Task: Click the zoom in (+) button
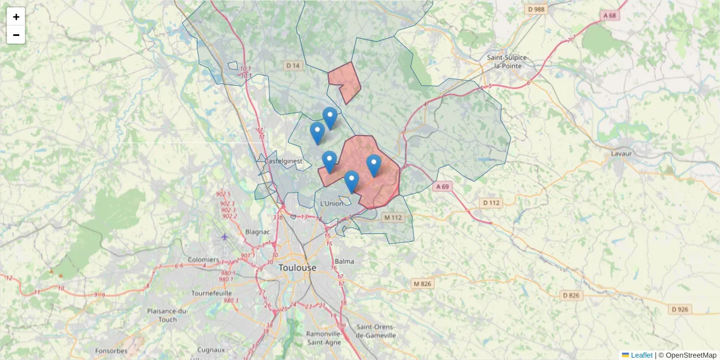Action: click(x=16, y=17)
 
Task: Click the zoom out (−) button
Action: click(x=16, y=35)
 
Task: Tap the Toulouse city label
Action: click(x=297, y=268)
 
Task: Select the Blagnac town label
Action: click(x=257, y=232)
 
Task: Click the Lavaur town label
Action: click(x=622, y=153)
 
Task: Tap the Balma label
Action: click(x=344, y=261)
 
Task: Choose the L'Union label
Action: click(x=332, y=203)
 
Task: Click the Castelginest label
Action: click(x=283, y=161)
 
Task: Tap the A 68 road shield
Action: click(x=610, y=15)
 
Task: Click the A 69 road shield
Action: click(x=442, y=187)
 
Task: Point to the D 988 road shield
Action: click(x=536, y=9)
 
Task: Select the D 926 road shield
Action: click(x=680, y=309)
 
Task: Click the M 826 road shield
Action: click(x=422, y=283)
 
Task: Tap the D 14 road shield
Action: click(x=293, y=65)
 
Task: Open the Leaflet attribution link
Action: click(x=641, y=355)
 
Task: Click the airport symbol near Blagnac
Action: click(x=225, y=236)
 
